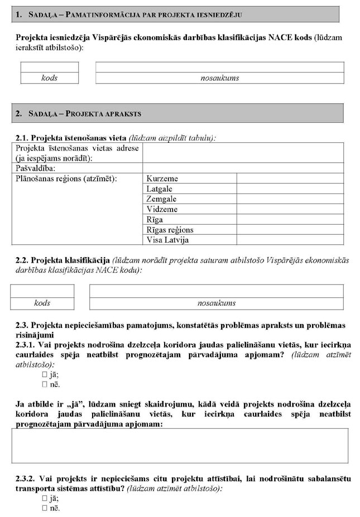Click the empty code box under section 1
pos(49,67)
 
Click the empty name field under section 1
pos(219,67)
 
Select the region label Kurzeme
pos(162,179)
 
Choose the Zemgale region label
pos(162,199)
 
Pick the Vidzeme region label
pos(162,209)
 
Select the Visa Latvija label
pos(168,240)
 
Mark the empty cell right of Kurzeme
pos(290,179)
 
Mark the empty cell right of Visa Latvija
pos(290,240)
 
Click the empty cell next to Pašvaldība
pos(243,168)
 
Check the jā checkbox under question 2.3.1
pos(45,375)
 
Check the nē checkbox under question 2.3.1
pos(45,384)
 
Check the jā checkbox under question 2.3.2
pos(45,499)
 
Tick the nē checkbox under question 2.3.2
pos(45,508)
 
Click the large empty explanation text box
pos(180,446)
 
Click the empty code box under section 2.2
pos(42,291)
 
